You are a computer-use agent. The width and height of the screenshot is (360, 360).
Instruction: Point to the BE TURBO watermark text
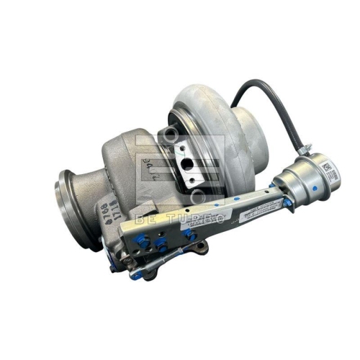point(180,216)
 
